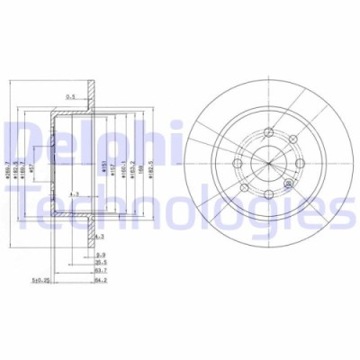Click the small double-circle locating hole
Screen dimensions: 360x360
[x=287, y=183]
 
